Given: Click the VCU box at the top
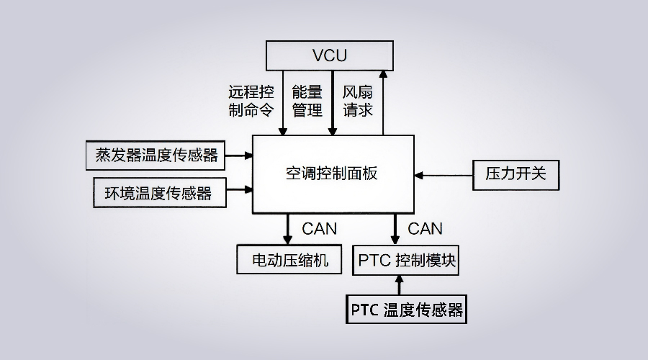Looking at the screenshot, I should (330, 55).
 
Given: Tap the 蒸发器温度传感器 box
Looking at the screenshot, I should (156, 154).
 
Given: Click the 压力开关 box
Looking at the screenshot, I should (516, 174).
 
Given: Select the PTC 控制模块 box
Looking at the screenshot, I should (407, 259).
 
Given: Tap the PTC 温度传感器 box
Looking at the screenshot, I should (407, 310).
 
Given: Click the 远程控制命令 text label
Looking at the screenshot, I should (251, 101).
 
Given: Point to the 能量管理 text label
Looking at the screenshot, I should (307, 101).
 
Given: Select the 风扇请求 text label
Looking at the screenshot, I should (358, 101).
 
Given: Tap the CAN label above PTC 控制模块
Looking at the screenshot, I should (426, 229).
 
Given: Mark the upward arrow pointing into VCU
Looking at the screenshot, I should (383, 101).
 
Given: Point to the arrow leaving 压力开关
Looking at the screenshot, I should (444, 174).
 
